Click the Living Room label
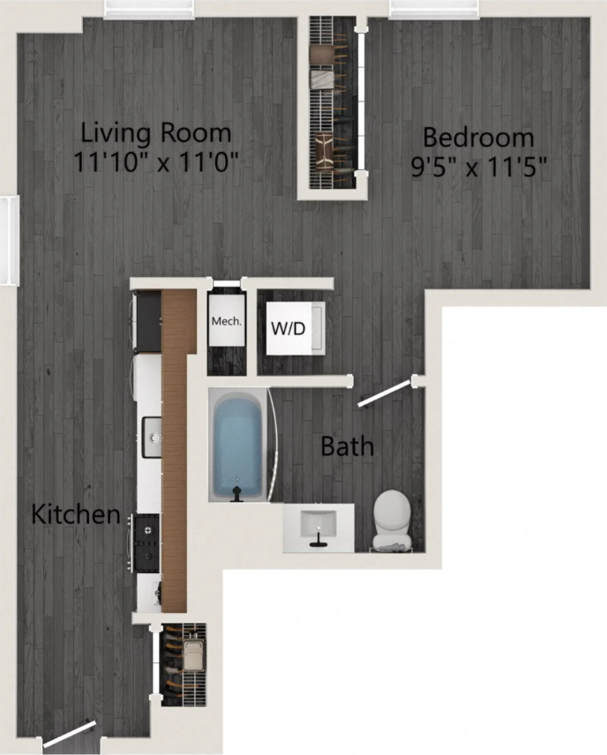[156, 134]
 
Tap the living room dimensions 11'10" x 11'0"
[160, 163]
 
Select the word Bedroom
[477, 138]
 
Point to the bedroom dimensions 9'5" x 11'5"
[476, 167]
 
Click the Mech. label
[225, 321]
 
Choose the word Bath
[347, 446]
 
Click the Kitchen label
[76, 514]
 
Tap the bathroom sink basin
[318, 525]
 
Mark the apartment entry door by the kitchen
[70, 736]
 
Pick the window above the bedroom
[433, 9]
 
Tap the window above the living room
[147, 9]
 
